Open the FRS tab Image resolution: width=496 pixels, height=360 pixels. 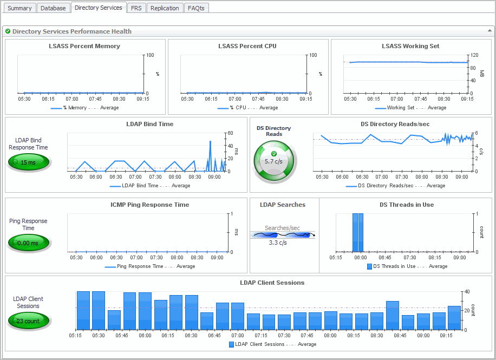tap(136, 8)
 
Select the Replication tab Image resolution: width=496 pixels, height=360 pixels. tap(165, 8)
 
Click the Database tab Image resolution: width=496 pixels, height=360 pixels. tap(53, 8)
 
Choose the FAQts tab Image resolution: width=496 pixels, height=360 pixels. tap(196, 8)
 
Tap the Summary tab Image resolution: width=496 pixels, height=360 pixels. tap(20, 8)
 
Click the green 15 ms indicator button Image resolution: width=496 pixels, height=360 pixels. tap(28, 162)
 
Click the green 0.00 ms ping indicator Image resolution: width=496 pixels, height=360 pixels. tap(28, 243)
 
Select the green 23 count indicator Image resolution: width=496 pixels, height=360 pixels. tap(28, 321)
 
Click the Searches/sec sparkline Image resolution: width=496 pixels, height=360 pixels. tap(282, 235)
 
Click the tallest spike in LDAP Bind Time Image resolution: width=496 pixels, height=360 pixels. tap(211, 142)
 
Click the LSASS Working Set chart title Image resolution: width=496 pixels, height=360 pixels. tap(410, 46)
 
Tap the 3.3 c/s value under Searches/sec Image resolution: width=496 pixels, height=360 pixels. tap(278, 243)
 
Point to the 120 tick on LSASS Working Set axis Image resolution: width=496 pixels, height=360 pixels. tap(474, 55)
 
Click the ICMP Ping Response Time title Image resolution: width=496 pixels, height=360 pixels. tap(149, 205)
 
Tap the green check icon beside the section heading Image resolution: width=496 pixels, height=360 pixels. tap(8, 31)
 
